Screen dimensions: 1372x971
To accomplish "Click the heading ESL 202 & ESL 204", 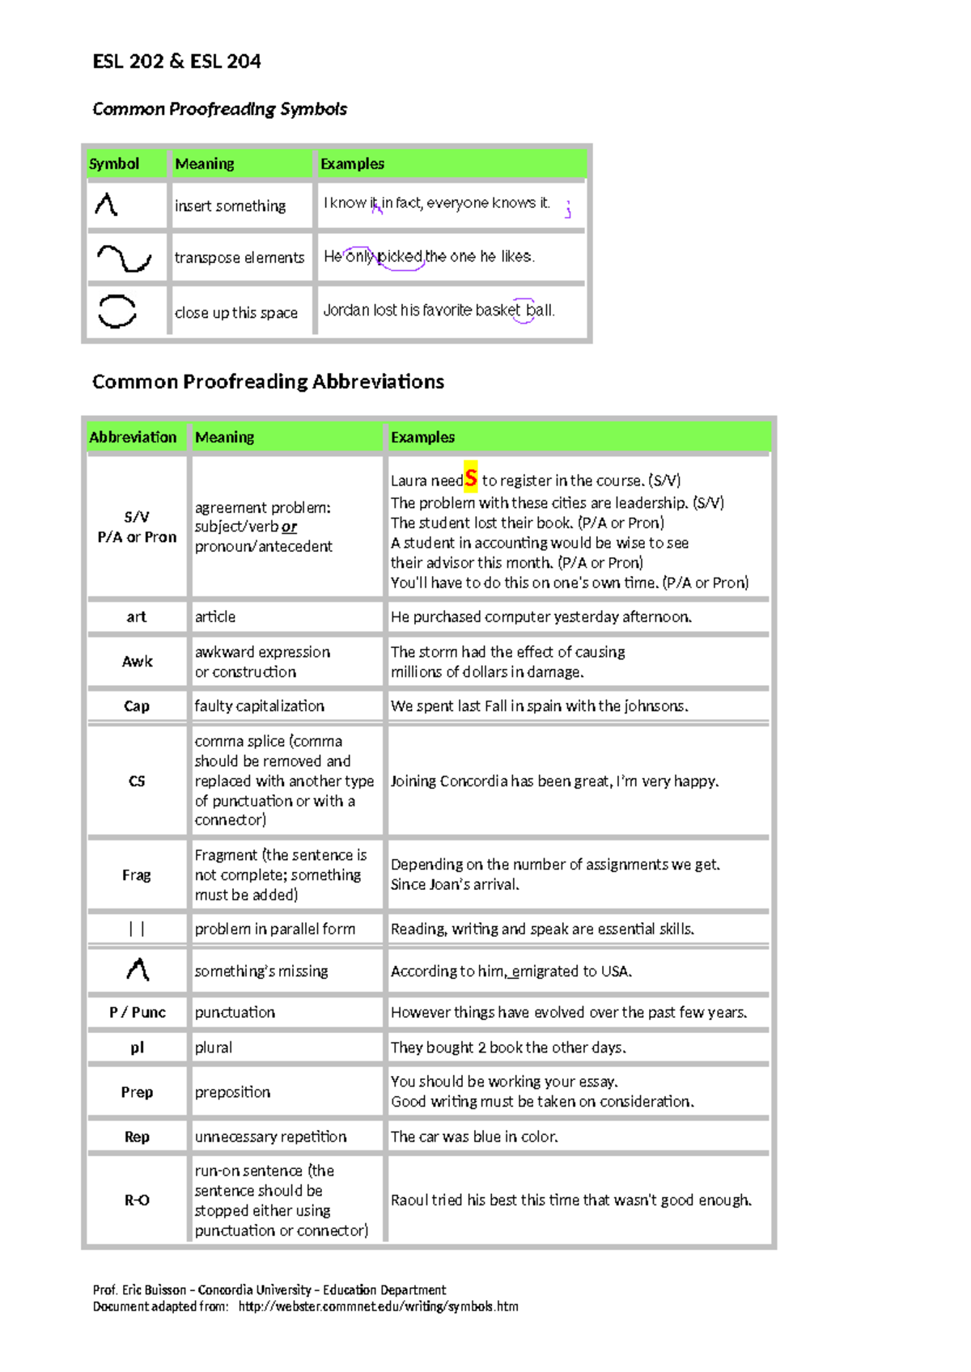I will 176,61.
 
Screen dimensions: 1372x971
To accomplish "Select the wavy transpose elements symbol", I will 124,258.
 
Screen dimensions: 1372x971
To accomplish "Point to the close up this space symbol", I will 117,311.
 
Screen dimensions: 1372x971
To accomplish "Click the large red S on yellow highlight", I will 471,478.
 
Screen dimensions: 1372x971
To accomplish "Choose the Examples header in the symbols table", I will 352,164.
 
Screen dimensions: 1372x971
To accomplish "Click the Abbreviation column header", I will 133,438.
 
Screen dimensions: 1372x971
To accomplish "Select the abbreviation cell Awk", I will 137,662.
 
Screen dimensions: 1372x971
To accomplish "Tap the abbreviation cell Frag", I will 137,875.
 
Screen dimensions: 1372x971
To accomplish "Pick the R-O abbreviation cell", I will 137,1200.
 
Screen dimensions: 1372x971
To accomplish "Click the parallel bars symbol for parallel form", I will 137,929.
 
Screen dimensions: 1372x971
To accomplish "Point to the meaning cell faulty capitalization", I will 259,706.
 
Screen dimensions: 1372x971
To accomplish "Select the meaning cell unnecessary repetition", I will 270,1137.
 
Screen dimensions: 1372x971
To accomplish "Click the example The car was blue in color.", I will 474,1137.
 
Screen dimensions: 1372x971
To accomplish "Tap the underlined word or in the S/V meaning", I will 290,527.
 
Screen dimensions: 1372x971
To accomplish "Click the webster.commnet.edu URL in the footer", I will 378,1306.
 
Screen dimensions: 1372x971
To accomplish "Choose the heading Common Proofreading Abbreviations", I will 268,382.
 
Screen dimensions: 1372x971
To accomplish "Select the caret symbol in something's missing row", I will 138,970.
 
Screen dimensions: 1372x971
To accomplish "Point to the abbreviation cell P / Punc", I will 137,1013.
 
